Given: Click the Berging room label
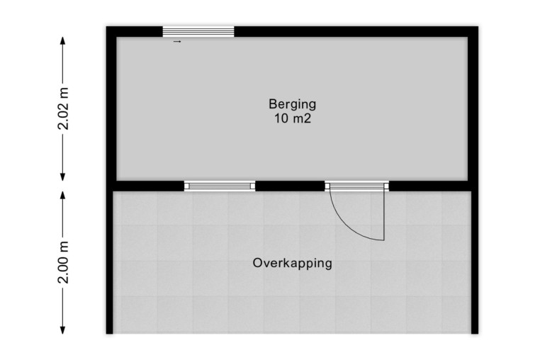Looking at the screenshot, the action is click(x=292, y=104).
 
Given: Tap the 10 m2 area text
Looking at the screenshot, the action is click(x=293, y=118).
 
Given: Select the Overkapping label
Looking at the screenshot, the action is click(x=293, y=263).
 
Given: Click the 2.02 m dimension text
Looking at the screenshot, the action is click(x=63, y=108).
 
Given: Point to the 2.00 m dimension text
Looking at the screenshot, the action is click(x=63, y=262).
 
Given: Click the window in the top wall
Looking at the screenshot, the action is click(x=198, y=32).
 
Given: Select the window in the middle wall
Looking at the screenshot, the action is click(x=220, y=186).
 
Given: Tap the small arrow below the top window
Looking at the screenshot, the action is click(x=177, y=42).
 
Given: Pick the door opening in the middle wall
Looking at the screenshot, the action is click(x=356, y=186).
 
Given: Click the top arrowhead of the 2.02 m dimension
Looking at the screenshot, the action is click(x=62, y=38).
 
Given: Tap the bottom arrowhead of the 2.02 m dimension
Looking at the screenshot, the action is click(x=62, y=180).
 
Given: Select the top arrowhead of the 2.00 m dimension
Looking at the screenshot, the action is click(x=62, y=191).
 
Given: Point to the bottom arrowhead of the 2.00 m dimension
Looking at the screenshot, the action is click(x=62, y=334).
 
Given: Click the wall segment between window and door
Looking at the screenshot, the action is click(x=290, y=186).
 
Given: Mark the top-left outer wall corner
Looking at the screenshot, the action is click(x=106, y=26).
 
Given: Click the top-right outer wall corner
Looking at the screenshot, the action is click(x=478, y=26).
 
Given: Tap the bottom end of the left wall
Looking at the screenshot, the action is click(x=110, y=334).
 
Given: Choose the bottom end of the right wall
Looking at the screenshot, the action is click(x=475, y=334).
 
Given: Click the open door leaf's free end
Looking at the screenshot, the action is click(x=383, y=240).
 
